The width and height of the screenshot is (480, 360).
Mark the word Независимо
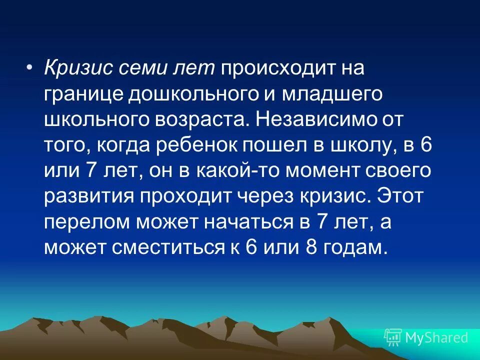click(x=314, y=120)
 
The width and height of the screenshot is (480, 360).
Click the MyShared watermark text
click(x=436, y=338)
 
